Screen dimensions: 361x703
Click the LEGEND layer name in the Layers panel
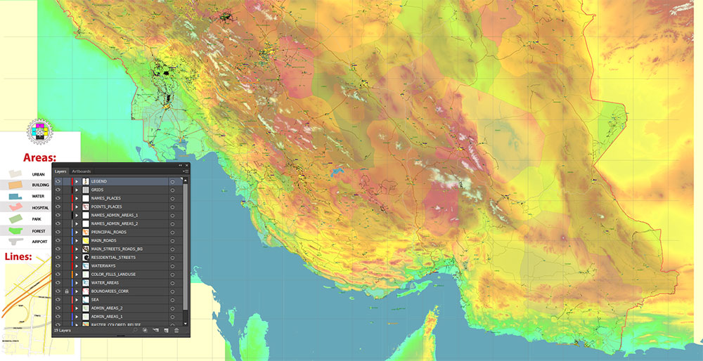click(99, 181)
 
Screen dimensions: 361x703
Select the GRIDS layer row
click(97, 190)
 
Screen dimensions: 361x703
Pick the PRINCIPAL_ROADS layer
click(108, 232)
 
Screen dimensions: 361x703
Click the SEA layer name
click(95, 299)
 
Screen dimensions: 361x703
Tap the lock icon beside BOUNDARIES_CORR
click(66, 291)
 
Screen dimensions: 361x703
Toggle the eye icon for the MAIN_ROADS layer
click(58, 240)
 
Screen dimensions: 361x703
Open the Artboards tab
click(82, 171)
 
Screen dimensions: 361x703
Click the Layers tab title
click(60, 171)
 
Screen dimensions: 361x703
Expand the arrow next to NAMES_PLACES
click(76, 198)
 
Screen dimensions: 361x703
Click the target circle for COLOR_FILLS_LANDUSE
click(172, 274)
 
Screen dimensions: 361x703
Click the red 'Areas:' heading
click(40, 157)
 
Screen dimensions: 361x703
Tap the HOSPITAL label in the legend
click(40, 208)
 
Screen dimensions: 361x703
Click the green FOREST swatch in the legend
click(15, 230)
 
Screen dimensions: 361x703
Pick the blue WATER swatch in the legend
click(15, 196)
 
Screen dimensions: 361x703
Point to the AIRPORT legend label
click(39, 242)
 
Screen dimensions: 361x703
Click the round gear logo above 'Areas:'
click(39, 131)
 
